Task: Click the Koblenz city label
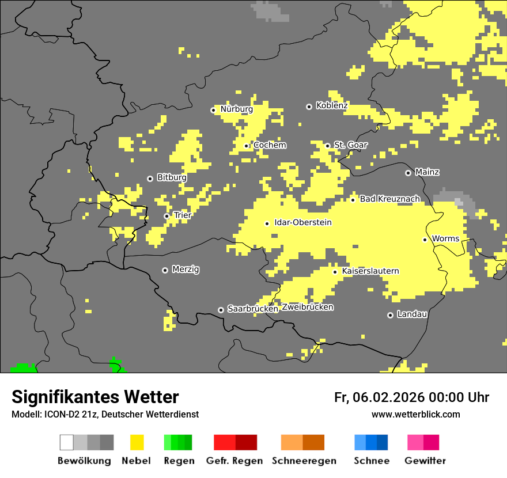(331, 106)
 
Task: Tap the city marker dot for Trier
(167, 217)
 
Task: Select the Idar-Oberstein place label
(302, 223)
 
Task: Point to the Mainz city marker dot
(408, 173)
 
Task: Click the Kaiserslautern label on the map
(370, 271)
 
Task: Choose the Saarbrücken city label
(253, 309)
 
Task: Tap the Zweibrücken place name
(307, 308)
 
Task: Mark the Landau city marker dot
(390, 315)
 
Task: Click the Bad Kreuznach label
(389, 199)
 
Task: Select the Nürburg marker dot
(213, 110)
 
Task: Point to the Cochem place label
(270, 145)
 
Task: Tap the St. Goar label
(350, 145)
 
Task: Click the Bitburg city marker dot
(150, 179)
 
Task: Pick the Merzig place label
(186, 270)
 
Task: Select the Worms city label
(445, 239)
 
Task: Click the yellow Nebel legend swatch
(137, 442)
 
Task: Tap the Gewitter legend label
(425, 461)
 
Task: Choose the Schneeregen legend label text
(304, 461)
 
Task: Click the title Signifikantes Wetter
(95, 397)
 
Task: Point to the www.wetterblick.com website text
(415, 415)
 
